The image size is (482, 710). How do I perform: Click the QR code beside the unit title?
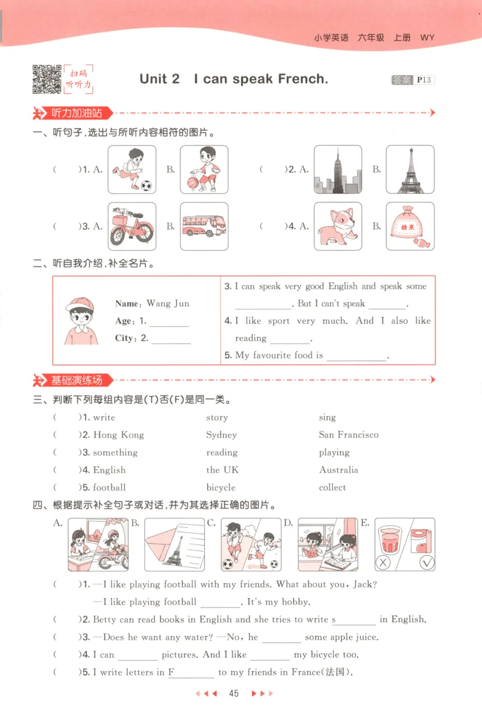(46, 79)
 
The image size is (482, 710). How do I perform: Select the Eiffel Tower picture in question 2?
(410, 169)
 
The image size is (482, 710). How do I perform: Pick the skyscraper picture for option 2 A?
(337, 169)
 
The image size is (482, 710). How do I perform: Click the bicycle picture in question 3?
(132, 226)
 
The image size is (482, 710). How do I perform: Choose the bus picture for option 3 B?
(204, 226)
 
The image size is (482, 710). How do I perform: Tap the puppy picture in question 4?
(337, 226)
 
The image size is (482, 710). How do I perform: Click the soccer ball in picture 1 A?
(146, 185)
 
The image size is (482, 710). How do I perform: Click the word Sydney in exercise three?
(221, 435)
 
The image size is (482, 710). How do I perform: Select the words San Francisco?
(349, 435)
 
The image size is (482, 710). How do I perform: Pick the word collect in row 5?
(333, 488)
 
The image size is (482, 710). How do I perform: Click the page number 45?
(234, 694)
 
